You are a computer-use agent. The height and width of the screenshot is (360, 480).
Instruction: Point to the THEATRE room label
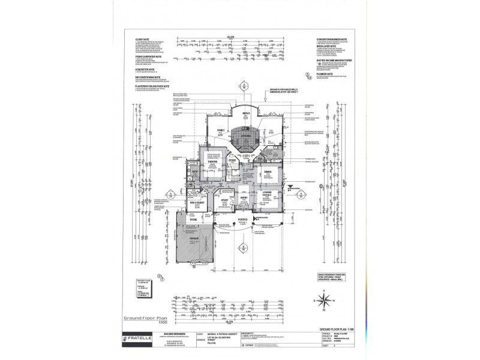pos(212,161)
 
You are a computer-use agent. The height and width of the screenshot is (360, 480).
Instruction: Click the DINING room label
pos(268,172)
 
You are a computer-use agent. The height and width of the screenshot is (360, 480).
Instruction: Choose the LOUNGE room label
pos(266,193)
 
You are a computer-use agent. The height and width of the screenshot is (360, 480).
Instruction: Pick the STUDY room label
pos(224,200)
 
